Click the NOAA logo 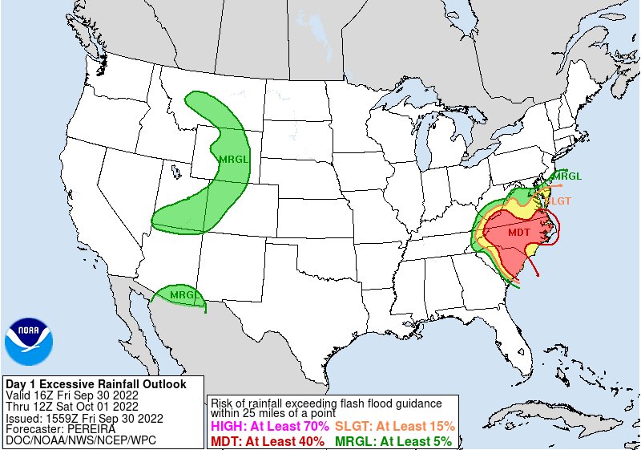pyautogui.click(x=29, y=342)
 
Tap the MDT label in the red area pyautogui.click(x=518, y=232)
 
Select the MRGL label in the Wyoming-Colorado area pyautogui.click(x=234, y=159)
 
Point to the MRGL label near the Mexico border pyautogui.click(x=183, y=295)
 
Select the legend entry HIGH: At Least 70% pyautogui.click(x=269, y=426)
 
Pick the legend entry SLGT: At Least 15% pyautogui.click(x=394, y=426)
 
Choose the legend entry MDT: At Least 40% pyautogui.click(x=268, y=440)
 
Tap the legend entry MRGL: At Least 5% pyautogui.click(x=393, y=440)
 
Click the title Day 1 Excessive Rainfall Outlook pyautogui.click(x=95, y=384)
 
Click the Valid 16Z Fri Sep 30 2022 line pyautogui.click(x=72, y=395)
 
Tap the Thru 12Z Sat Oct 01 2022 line pyautogui.click(x=72, y=407)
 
